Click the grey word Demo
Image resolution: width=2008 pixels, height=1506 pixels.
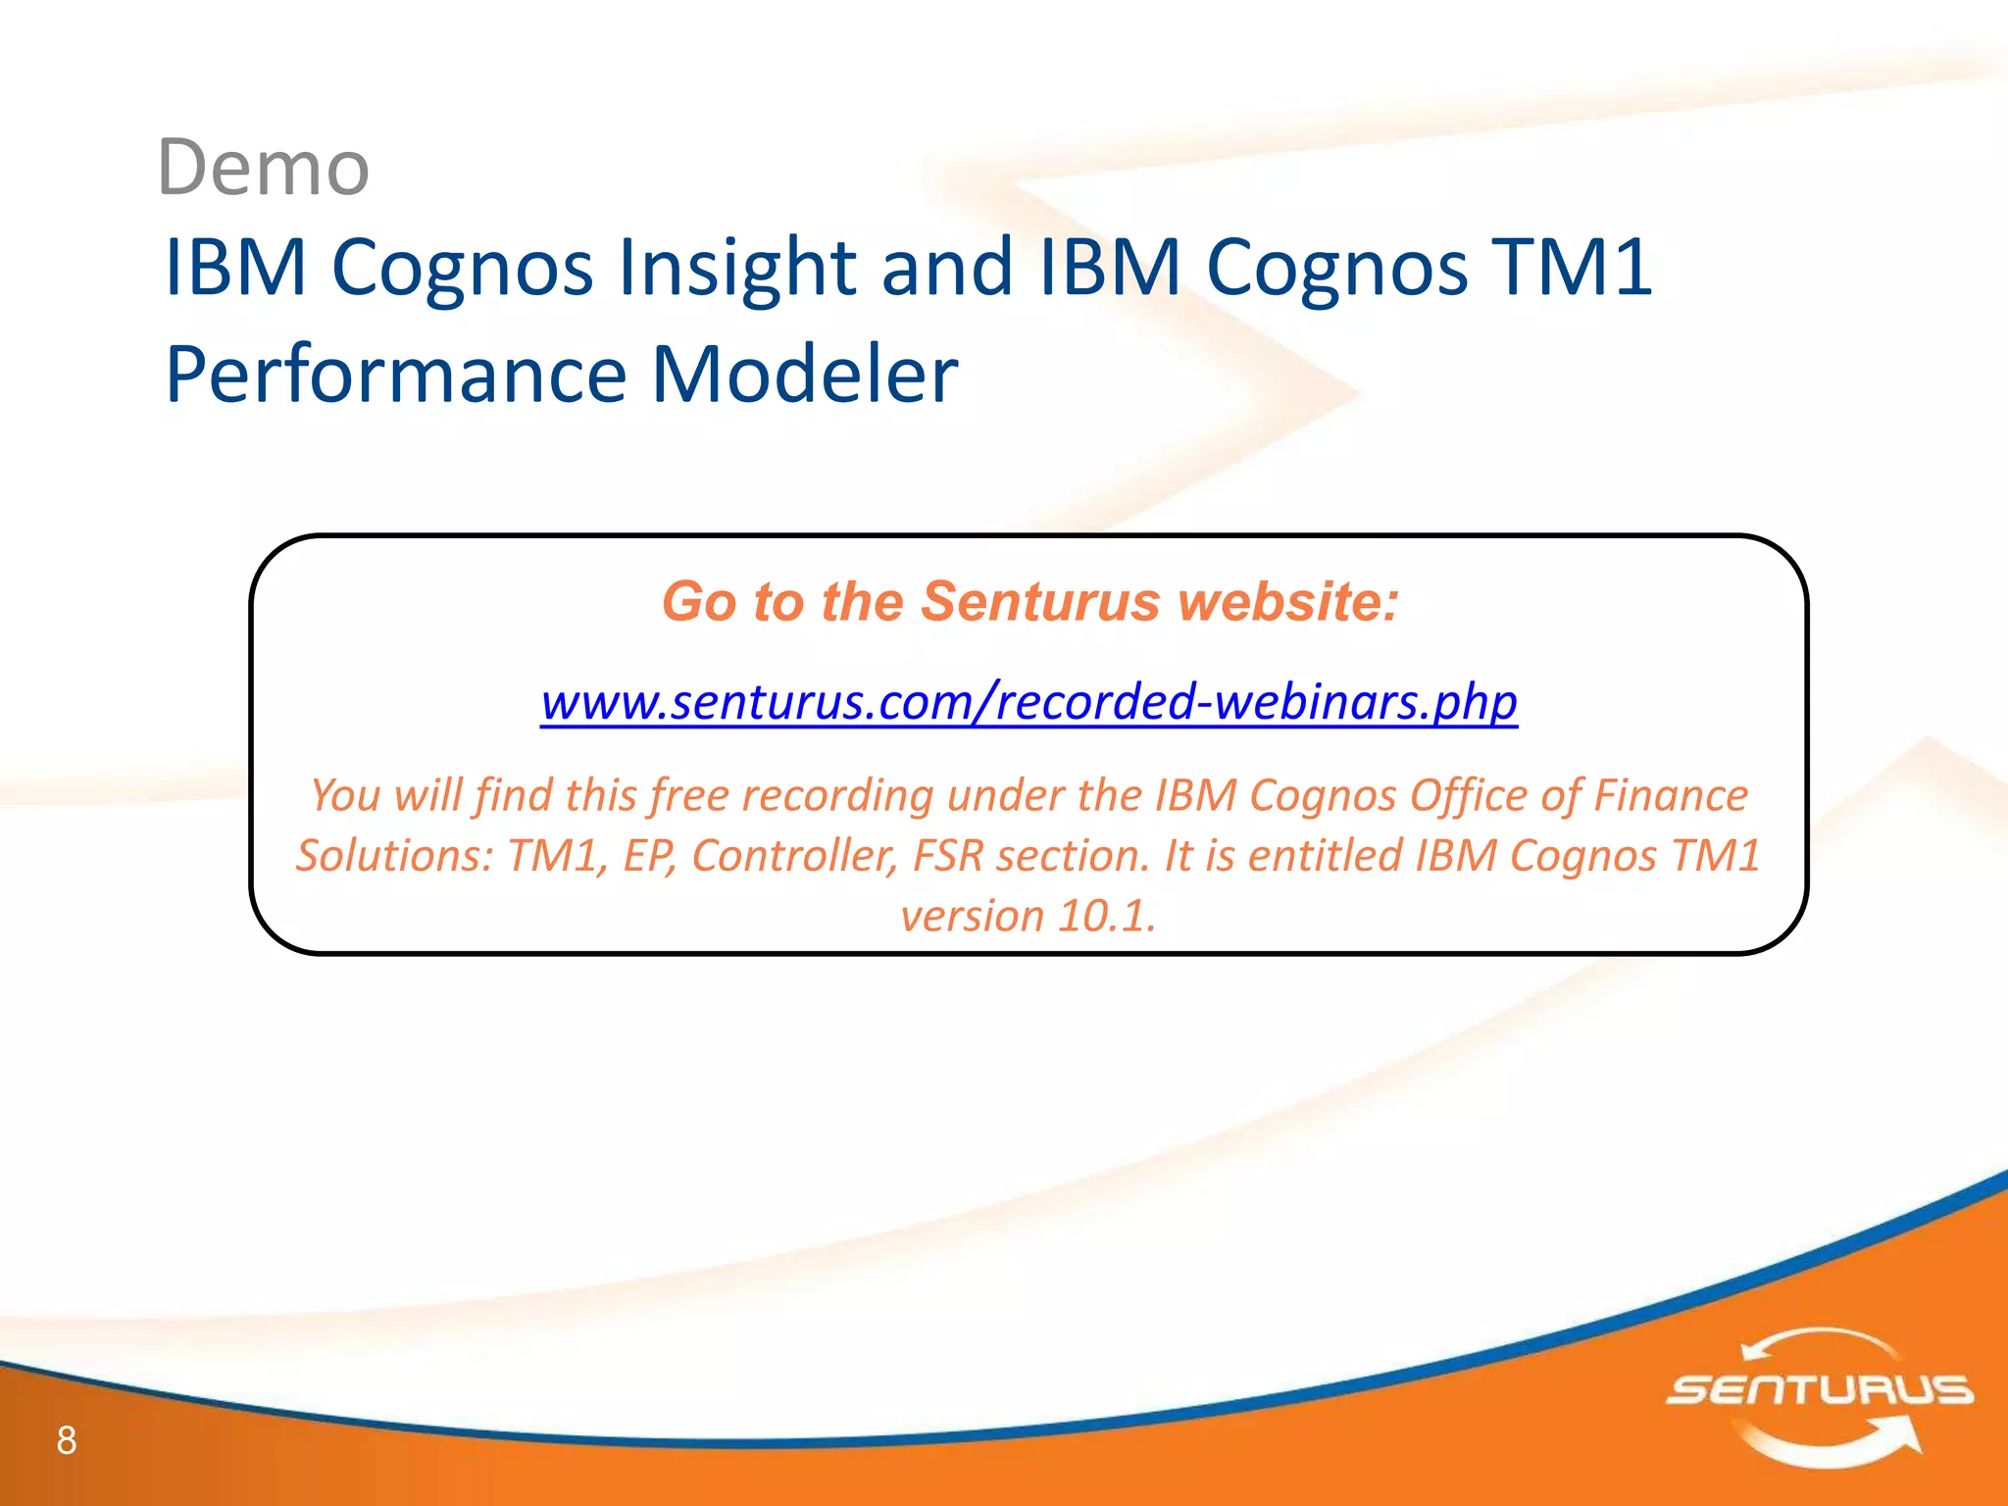(x=263, y=168)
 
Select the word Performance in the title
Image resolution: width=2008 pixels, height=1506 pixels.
(x=395, y=375)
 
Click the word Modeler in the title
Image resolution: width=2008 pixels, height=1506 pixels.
(x=804, y=375)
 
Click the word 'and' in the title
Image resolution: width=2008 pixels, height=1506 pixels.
(x=946, y=267)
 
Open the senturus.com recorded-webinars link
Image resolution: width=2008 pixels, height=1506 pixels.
(x=1029, y=702)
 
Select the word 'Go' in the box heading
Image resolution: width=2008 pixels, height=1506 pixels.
(x=699, y=601)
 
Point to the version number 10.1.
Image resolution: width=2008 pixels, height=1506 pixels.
(x=1107, y=916)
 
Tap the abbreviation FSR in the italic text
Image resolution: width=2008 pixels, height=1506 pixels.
(x=947, y=855)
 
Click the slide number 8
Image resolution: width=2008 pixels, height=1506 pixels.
(x=67, y=1440)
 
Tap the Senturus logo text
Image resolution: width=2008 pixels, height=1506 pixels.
(x=1820, y=1389)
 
